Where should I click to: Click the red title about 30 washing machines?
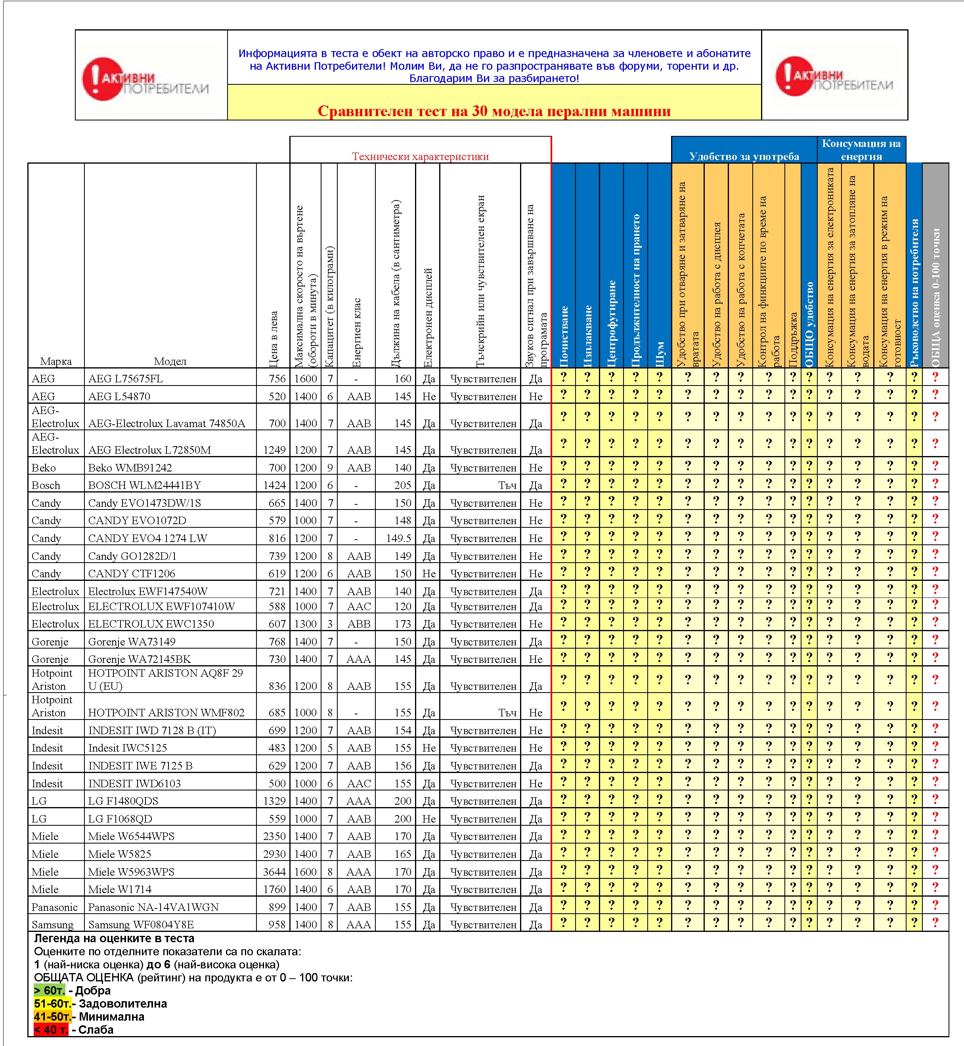[493, 111]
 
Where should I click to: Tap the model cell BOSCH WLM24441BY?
[145, 485]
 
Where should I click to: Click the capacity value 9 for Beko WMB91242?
[330, 468]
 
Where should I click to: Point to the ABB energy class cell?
[359, 624]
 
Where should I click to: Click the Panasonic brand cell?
[54, 907]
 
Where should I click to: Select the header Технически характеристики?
[420, 156]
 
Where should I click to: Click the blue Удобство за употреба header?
[744, 156]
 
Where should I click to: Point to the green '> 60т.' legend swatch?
[49, 991]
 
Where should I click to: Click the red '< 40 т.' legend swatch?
[50, 1030]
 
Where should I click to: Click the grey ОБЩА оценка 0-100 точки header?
[935, 266]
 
